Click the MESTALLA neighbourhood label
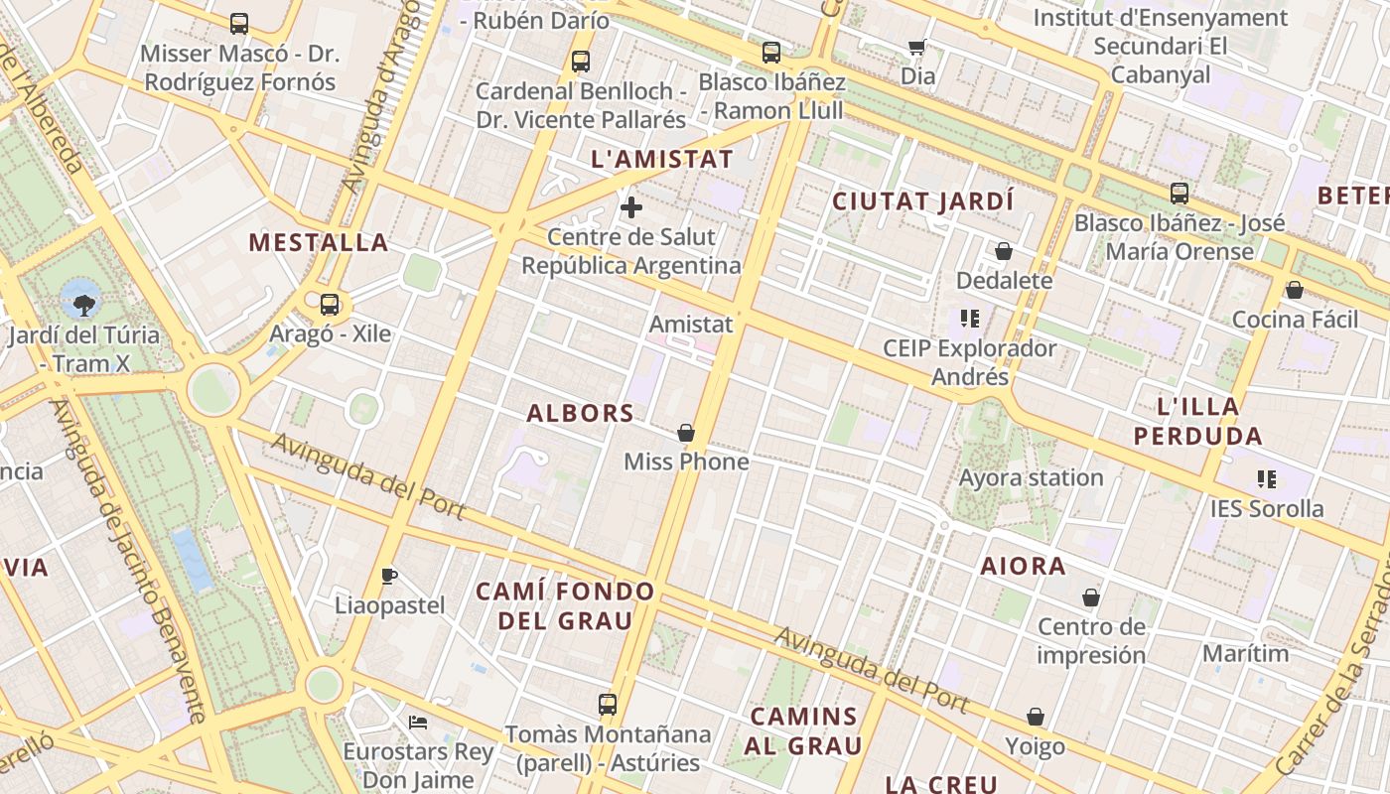click(x=318, y=242)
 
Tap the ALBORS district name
click(x=580, y=413)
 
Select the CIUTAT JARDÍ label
click(x=922, y=201)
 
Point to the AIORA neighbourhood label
click(x=1023, y=566)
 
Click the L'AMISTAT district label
click(x=661, y=159)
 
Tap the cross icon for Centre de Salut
click(x=630, y=207)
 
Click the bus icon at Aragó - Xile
click(x=330, y=305)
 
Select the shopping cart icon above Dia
click(x=917, y=47)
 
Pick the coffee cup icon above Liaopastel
click(x=389, y=576)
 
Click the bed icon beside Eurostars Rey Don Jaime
click(x=418, y=722)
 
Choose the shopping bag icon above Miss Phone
click(x=685, y=433)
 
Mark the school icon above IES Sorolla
click(x=1266, y=479)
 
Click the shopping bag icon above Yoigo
click(x=1035, y=717)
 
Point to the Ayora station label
click(x=1031, y=477)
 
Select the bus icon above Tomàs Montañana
click(x=608, y=705)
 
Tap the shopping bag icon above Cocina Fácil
click(x=1294, y=290)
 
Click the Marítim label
click(x=1245, y=653)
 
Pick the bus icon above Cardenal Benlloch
click(x=581, y=62)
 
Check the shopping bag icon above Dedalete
click(x=1003, y=251)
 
